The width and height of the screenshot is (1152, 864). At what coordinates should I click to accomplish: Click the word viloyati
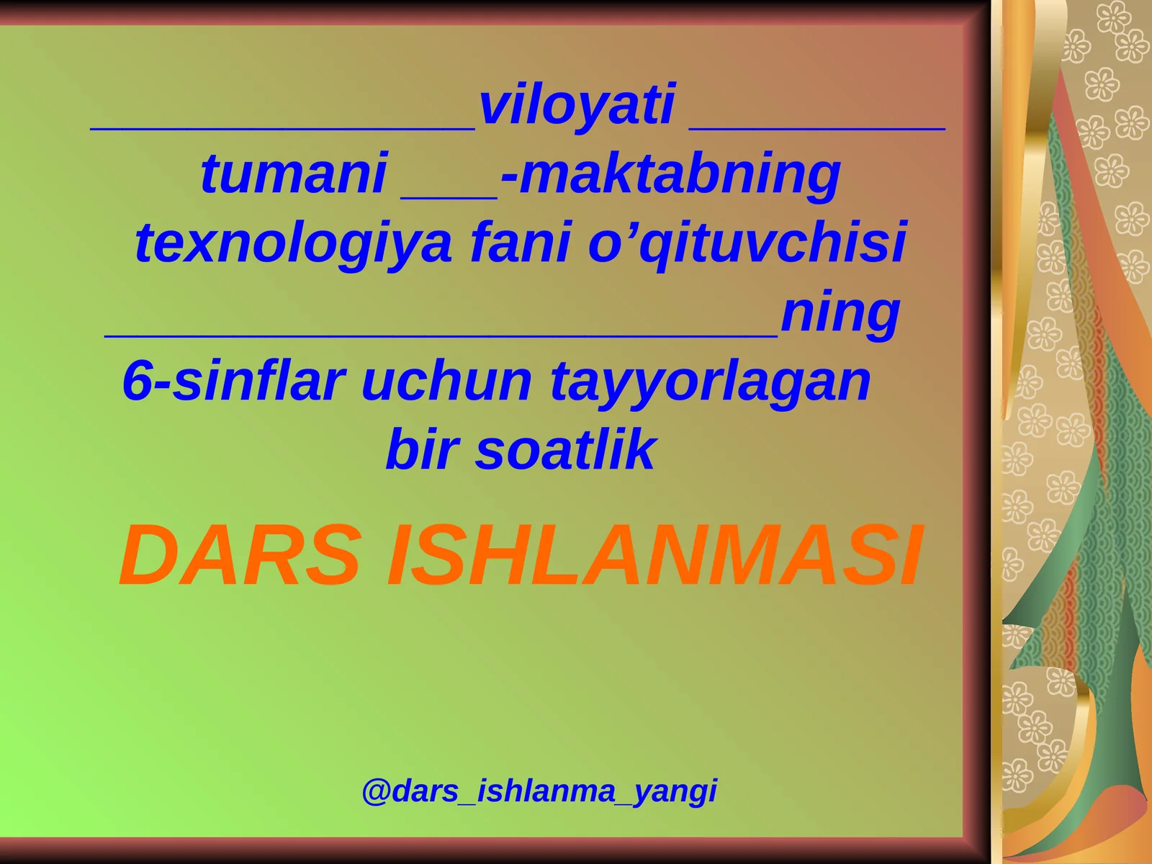tap(577, 105)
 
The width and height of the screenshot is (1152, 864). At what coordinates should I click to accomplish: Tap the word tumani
tap(294, 174)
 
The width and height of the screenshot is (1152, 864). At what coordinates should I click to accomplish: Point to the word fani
tap(520, 243)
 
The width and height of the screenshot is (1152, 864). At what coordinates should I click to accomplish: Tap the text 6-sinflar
tap(233, 380)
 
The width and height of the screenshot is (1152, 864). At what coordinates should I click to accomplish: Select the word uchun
tap(446, 381)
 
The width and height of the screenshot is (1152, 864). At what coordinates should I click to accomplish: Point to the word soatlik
tap(565, 449)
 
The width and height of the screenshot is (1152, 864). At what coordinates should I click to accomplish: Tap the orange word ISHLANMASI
tap(654, 556)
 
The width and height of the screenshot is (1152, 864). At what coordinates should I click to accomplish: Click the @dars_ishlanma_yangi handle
tap(539, 791)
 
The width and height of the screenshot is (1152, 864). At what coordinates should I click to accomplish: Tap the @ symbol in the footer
tap(376, 791)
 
